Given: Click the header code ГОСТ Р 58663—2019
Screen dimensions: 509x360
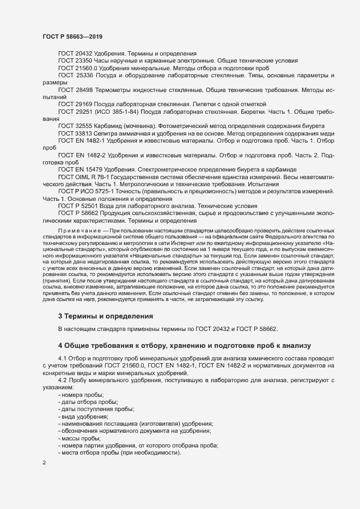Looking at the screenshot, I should pyautogui.click(x=72, y=36).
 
